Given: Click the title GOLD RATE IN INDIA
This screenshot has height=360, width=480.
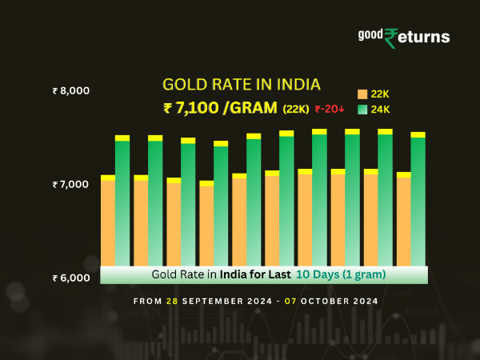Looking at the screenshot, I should [x=242, y=84].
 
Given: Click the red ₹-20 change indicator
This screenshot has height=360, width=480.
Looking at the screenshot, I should [x=329, y=109].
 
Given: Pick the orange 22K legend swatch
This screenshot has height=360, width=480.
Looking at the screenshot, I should [x=362, y=94].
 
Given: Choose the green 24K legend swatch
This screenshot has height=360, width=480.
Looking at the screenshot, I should [x=362, y=109].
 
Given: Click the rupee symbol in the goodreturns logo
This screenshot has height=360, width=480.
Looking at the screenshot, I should [x=390, y=38].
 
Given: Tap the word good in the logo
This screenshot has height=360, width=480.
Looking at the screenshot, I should [x=370, y=34].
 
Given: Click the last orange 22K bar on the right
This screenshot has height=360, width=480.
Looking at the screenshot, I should [x=403, y=221].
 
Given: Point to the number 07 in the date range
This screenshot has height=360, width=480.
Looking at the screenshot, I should [x=301, y=302].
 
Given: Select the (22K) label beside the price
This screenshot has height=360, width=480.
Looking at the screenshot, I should [x=296, y=109].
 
